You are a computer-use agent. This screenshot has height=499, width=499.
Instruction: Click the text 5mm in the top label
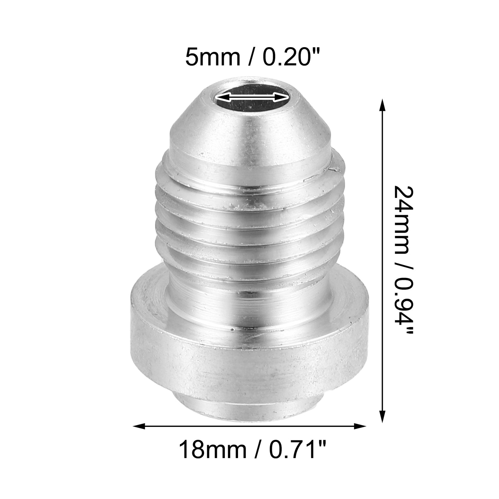coord(213,58)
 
